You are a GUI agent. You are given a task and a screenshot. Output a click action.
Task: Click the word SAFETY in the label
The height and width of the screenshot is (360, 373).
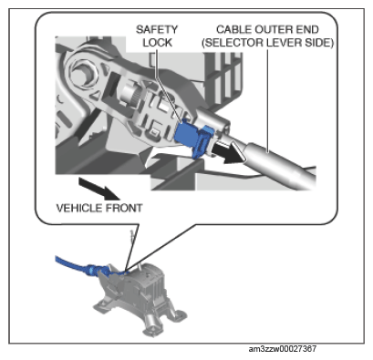click(x=156, y=29)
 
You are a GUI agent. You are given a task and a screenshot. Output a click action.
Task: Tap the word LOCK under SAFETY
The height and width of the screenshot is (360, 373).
click(x=157, y=43)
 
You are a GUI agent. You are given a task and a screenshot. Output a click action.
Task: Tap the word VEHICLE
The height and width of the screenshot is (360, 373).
click(x=79, y=208)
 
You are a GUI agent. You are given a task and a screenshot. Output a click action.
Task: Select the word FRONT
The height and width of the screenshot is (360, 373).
click(x=124, y=208)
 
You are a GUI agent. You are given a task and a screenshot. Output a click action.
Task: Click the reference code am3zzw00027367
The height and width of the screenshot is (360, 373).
click(x=283, y=349)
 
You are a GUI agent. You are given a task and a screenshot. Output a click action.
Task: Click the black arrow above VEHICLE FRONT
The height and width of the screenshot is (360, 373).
click(x=98, y=189)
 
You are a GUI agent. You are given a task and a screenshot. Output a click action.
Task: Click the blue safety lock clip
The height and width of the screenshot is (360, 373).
click(x=194, y=139)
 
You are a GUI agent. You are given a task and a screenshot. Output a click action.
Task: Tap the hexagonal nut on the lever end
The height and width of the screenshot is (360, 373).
click(x=85, y=73)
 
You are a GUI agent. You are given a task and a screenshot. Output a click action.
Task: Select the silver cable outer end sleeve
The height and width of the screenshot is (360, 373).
click(x=281, y=167)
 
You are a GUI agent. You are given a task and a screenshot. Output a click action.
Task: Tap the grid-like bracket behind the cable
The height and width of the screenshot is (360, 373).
click(x=224, y=75)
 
